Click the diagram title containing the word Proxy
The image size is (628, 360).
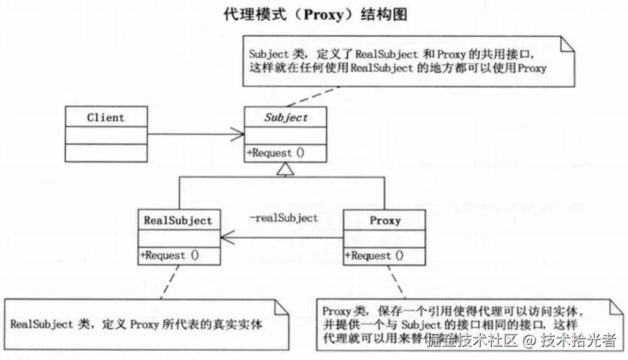tap(315, 13)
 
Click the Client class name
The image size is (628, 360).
tap(105, 117)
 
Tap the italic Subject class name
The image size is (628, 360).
tap(286, 117)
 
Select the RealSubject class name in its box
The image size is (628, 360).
tap(178, 220)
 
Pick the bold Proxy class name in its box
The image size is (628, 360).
tap(385, 220)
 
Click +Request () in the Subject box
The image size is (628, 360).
tap(276, 153)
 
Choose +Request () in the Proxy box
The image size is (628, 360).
tap(375, 255)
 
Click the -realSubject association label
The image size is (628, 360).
tap(283, 218)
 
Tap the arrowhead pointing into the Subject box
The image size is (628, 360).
tap(238, 134)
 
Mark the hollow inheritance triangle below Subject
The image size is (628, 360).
tap(281, 169)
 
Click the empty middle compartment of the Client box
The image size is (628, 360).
tap(105, 135)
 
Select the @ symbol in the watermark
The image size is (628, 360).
tap(529, 339)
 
